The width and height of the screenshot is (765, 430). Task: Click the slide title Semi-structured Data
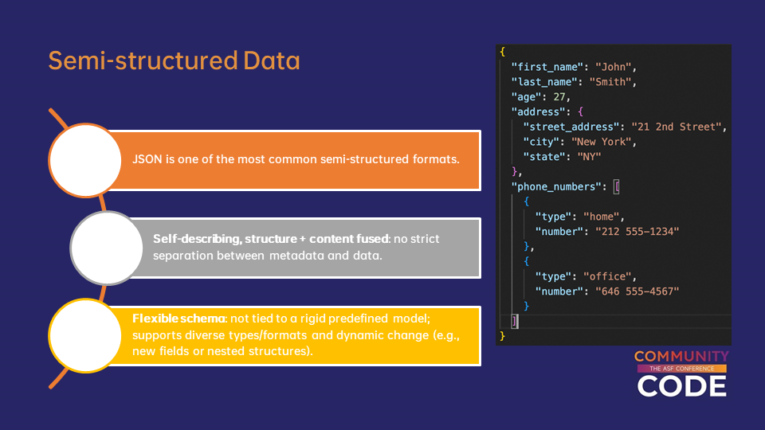coord(174,61)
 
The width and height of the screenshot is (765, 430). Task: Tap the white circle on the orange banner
coord(85,160)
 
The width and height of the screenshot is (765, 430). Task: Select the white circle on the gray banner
coord(106,248)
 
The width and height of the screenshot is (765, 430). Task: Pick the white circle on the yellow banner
coord(85,335)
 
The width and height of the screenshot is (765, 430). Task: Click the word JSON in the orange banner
coord(147,159)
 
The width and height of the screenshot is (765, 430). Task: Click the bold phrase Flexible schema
coord(178,319)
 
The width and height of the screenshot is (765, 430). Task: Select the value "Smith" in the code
coord(610,82)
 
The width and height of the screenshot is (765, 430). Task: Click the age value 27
coord(559,97)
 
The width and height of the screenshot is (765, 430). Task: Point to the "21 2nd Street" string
coord(677,127)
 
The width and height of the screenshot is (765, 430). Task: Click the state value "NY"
coord(590,157)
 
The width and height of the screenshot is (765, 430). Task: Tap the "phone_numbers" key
coord(556,186)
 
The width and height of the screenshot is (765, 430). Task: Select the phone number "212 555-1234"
coord(637,232)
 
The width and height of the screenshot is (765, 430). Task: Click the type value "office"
coord(607,276)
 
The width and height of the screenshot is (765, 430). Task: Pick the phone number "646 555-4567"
coord(637,291)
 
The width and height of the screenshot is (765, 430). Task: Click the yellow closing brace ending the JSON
coord(503,336)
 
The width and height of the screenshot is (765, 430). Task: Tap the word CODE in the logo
coord(681,386)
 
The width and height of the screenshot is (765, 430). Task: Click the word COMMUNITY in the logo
coord(681,357)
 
